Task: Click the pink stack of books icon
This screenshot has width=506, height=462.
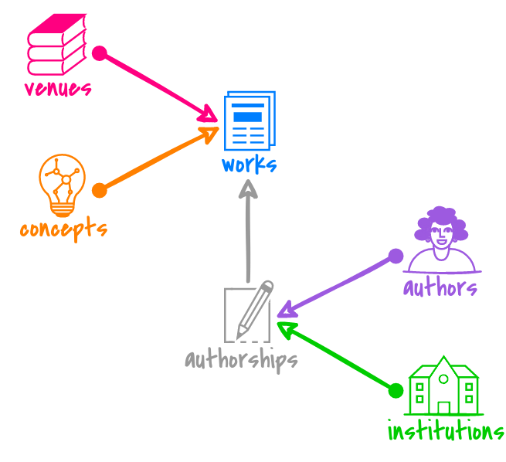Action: coord(56,46)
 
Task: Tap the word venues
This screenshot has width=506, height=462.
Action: coord(58,87)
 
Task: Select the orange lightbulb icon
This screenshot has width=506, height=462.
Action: coord(61,184)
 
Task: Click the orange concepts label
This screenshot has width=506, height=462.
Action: coord(63,229)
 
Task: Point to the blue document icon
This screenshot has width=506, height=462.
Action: coord(249,121)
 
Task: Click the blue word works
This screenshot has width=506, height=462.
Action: coord(249,165)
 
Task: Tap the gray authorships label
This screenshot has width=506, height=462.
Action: coord(241,360)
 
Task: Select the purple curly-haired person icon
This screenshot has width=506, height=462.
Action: coord(442,239)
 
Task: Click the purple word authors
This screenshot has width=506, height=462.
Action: coord(440,288)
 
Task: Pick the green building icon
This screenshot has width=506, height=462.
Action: coord(443,386)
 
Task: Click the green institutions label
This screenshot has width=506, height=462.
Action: coord(446,430)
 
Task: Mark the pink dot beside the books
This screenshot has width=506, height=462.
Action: coord(99,53)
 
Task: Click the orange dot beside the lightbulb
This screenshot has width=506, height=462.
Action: coord(99,190)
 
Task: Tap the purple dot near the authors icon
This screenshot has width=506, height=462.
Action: coord(396,256)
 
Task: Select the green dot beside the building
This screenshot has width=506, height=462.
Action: coord(396,390)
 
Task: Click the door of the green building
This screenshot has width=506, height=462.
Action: coord(443,406)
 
